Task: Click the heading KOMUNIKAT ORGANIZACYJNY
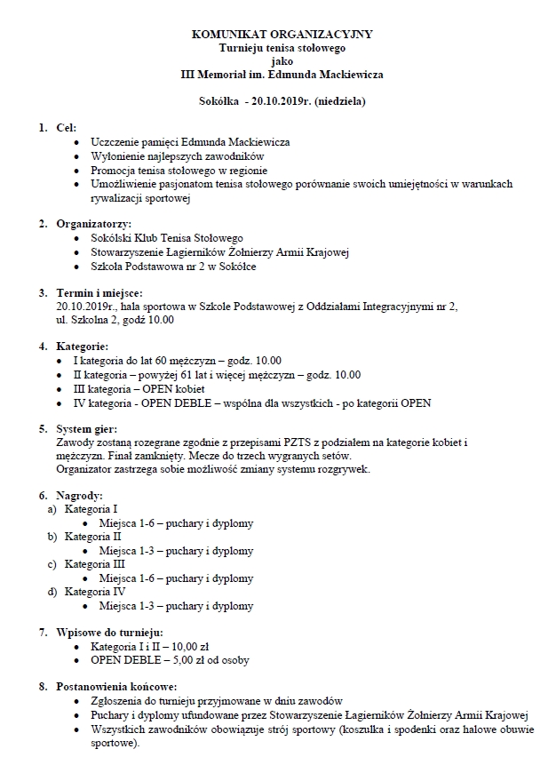(282, 34)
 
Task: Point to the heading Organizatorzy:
(93, 225)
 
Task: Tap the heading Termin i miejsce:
(98, 292)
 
